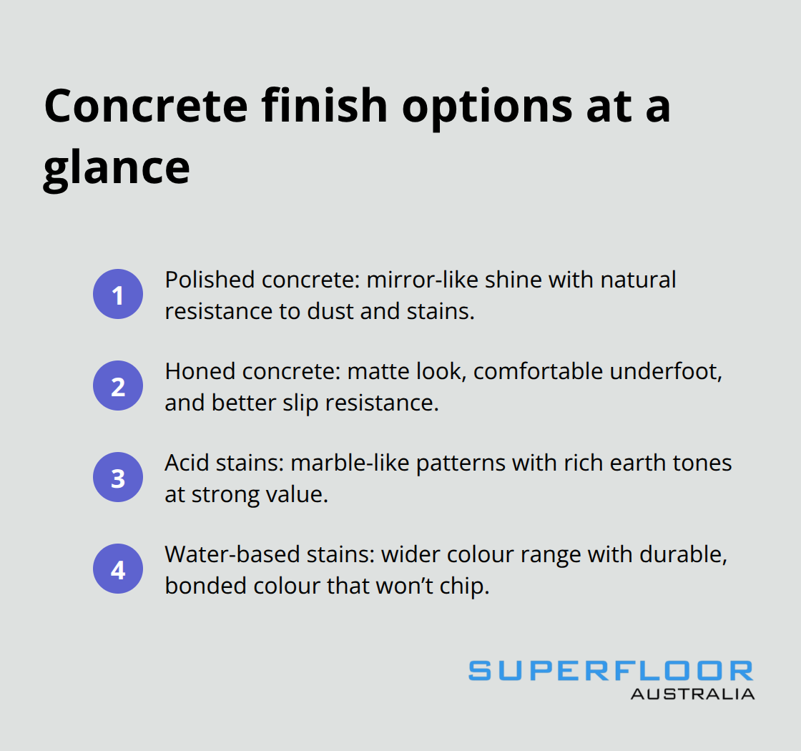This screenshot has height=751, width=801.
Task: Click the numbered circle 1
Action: click(x=118, y=294)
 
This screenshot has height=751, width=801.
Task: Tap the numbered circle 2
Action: click(x=118, y=386)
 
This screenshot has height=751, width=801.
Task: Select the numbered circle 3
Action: click(x=118, y=478)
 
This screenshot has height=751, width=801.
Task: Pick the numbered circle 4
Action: click(x=118, y=570)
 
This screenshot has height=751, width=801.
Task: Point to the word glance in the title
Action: click(x=117, y=168)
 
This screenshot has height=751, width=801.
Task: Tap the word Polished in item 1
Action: click(x=209, y=279)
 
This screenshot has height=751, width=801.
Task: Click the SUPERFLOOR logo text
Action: click(x=611, y=671)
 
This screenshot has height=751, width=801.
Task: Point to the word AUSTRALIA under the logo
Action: click(x=692, y=693)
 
